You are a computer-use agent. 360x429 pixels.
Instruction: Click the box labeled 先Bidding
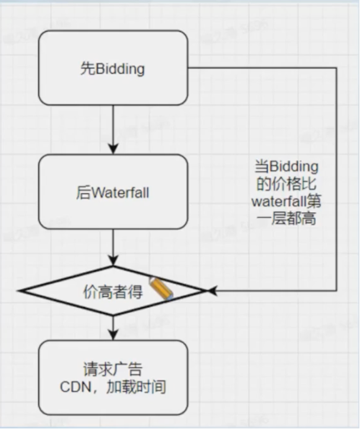point(113,68)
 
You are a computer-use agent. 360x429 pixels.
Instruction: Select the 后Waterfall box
point(113,192)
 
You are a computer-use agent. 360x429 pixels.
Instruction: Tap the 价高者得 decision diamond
point(113,291)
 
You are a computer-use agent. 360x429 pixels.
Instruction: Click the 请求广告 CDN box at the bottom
point(113,378)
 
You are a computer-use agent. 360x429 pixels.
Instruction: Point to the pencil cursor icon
point(161,289)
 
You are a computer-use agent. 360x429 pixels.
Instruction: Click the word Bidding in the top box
point(120,69)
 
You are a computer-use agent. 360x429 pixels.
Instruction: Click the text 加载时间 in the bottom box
point(140,388)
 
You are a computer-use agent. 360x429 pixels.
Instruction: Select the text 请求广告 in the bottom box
point(113,370)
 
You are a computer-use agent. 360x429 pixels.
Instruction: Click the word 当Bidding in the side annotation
point(286,167)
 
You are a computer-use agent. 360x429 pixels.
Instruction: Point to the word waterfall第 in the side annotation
point(286,202)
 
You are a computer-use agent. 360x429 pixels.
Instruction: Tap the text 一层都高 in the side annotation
point(286,219)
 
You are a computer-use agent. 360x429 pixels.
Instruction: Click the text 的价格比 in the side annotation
point(286,184)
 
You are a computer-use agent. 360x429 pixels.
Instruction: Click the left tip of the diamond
point(20,291)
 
